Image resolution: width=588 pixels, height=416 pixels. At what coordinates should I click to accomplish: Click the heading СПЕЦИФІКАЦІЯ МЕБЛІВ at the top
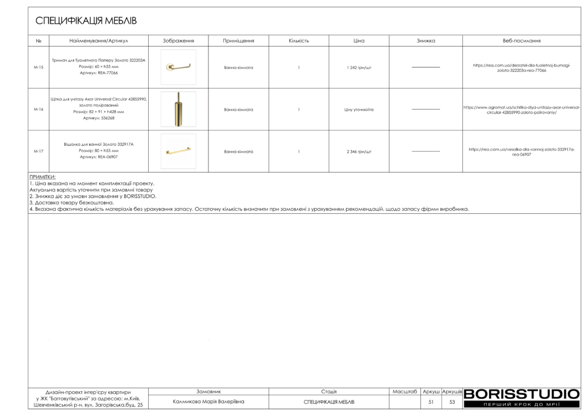pos(86,21)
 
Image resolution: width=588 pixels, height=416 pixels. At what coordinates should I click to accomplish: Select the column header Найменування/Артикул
pos(98,41)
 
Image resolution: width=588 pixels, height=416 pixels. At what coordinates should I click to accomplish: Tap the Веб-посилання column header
pos(521,41)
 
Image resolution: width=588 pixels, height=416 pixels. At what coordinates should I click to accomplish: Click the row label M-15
pos(39,67)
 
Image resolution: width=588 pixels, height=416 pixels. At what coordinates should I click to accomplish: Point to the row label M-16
pos(39,109)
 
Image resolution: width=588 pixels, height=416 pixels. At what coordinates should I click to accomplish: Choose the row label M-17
pos(39,152)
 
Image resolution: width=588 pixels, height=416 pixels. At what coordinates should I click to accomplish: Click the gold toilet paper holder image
pos(178,67)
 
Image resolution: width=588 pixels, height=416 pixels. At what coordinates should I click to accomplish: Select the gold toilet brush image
pos(178,109)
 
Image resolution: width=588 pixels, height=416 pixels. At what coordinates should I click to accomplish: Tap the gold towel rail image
pos(178,151)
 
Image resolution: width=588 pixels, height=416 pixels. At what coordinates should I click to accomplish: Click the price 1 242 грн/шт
pos(359,67)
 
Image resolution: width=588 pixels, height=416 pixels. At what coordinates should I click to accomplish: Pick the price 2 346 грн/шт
pos(359,152)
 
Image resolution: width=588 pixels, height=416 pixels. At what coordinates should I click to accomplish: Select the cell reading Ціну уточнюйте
pos(359,109)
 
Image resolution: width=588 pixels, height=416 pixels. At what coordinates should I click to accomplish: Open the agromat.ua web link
pos(521,110)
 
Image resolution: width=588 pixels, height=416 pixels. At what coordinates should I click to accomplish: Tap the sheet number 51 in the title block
pos(431,402)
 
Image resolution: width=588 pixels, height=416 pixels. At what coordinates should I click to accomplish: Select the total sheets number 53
pos(452,402)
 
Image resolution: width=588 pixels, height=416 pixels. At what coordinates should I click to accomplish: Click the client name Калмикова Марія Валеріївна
pos(208,402)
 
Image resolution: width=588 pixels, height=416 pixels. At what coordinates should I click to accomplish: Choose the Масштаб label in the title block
pos(405,391)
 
